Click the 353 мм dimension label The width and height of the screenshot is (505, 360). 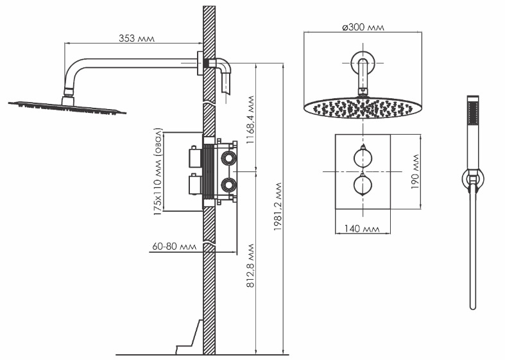[x=137, y=39]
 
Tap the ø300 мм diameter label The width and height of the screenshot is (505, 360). [x=363, y=27]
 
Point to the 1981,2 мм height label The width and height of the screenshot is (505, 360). [x=278, y=207]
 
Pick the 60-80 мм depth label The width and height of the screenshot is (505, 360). [x=175, y=246]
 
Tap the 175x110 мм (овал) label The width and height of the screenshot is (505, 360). [x=158, y=171]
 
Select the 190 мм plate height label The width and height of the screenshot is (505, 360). [x=415, y=171]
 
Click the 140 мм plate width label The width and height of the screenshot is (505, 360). [x=362, y=228]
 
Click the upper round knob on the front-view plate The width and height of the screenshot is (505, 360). [x=363, y=157]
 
